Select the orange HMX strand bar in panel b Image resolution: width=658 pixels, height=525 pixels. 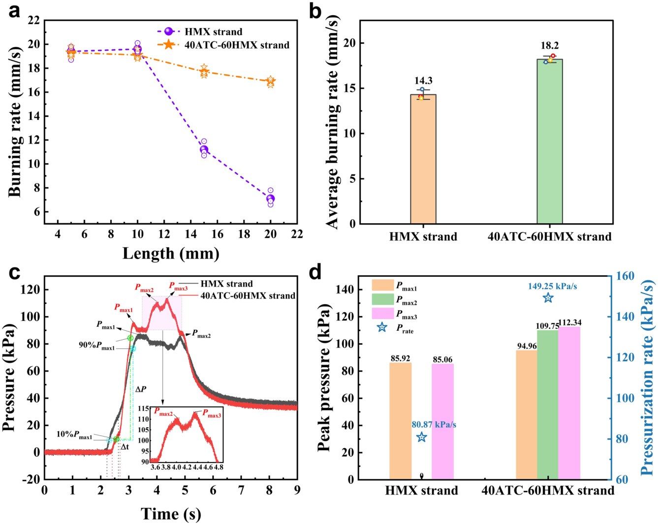click(423, 159)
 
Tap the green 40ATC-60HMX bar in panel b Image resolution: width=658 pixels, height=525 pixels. click(550, 142)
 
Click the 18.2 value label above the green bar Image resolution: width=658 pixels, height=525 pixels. click(549, 46)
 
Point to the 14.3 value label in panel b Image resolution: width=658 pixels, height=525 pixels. click(423, 81)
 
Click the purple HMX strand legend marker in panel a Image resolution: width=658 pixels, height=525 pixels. click(168, 31)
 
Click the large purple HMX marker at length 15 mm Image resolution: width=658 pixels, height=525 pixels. click(204, 149)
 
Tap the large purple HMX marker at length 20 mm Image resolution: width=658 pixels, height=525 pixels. click(270, 199)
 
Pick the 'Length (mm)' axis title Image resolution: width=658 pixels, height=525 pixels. click(171, 254)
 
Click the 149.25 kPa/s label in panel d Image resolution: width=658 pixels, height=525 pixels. click(553, 286)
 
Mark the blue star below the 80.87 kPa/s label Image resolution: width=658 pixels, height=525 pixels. click(422, 437)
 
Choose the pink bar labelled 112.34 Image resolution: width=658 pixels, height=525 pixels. click(569, 403)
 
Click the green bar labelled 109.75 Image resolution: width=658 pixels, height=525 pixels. click(548, 405)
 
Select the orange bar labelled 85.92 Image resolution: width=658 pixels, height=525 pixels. click(401, 421)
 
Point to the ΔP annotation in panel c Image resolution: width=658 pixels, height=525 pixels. click(141, 389)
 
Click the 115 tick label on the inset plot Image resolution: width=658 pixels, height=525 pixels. click(144, 408)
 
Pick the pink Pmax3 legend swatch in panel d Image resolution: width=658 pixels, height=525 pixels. click(383, 313)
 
